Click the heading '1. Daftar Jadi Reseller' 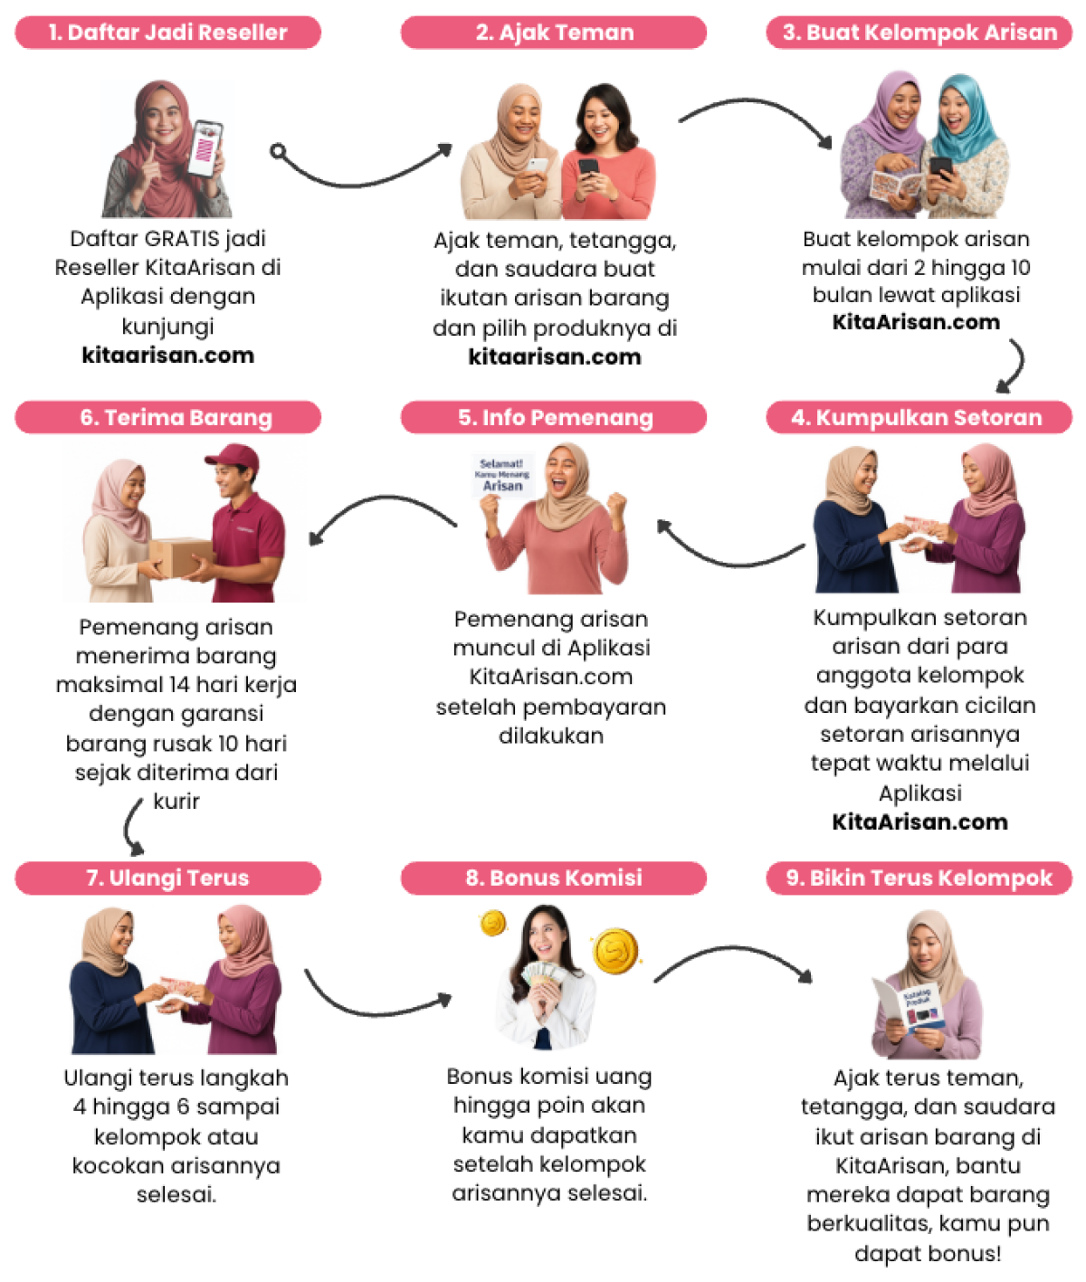coord(167,33)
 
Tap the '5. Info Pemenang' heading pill coord(554,417)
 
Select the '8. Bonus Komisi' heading coord(554,878)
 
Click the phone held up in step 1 coord(205,147)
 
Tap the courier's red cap coord(233,456)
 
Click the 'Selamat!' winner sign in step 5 coord(502,475)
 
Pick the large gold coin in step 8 coord(615,952)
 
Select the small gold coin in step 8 coord(493,923)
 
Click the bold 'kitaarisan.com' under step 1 coord(167,356)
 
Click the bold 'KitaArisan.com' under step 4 coord(919,822)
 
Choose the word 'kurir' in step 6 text coord(176,802)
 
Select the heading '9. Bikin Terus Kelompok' coord(919,878)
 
